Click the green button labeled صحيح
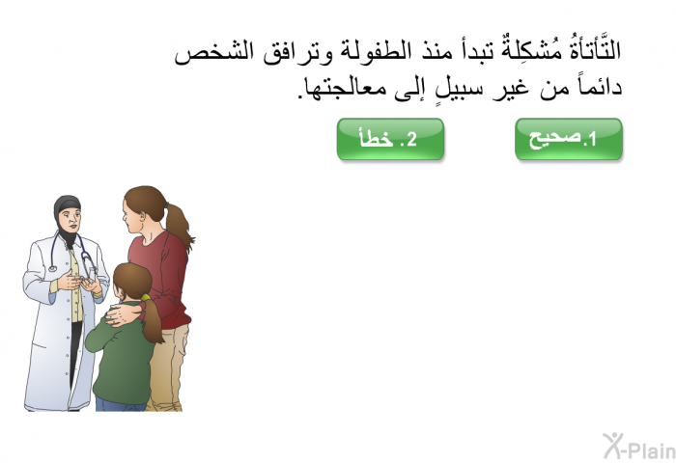[x=569, y=139]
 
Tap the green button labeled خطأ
[x=390, y=139]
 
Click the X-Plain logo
[x=639, y=447]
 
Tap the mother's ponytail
[x=179, y=226]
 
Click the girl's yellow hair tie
[x=145, y=297]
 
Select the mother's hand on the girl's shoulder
[x=122, y=314]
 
